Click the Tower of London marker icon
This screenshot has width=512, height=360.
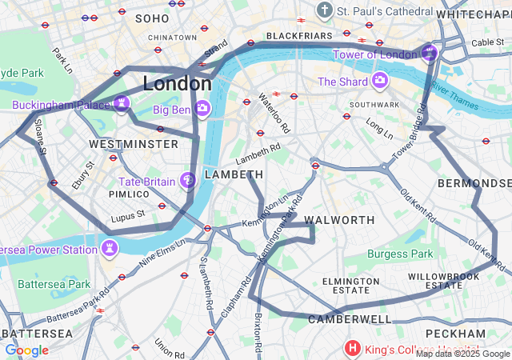click(430, 54)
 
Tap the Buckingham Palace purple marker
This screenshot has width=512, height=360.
click(122, 102)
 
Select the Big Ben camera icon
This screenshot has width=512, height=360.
click(202, 108)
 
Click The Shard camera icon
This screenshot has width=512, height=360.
click(379, 81)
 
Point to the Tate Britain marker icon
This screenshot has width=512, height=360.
click(188, 181)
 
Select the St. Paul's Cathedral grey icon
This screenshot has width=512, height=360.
click(324, 11)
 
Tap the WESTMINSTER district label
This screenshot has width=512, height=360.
click(134, 144)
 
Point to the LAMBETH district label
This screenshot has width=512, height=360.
click(234, 174)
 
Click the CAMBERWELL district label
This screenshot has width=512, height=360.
click(350, 319)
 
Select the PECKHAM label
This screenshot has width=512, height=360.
click(455, 333)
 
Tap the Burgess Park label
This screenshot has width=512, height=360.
click(399, 254)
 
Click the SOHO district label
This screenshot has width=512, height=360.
click(152, 18)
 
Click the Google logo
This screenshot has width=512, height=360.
click(27, 350)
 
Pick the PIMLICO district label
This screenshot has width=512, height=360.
click(129, 194)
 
